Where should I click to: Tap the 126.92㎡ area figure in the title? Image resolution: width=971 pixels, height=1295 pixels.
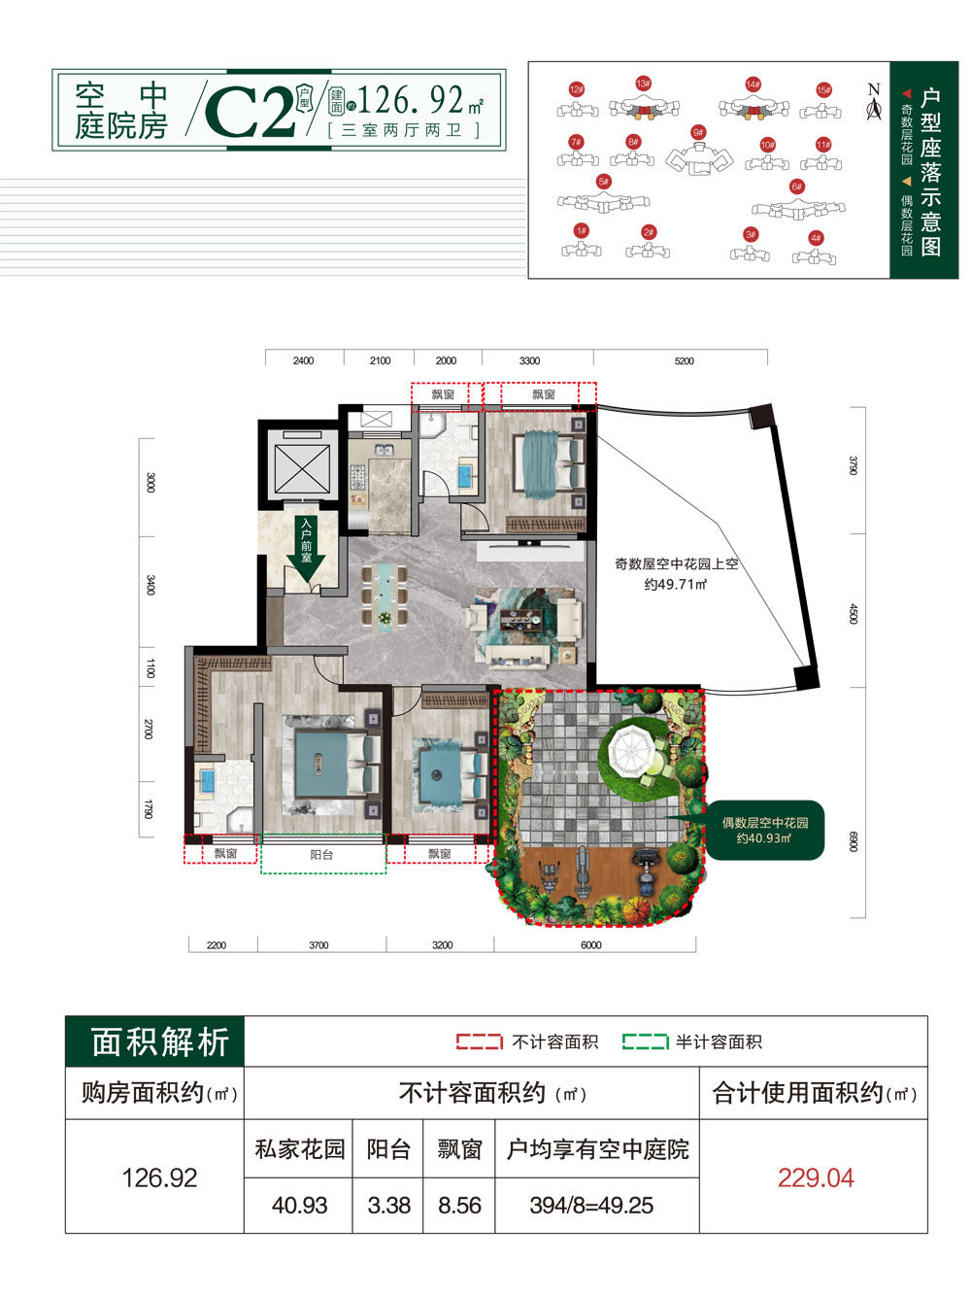click(419, 99)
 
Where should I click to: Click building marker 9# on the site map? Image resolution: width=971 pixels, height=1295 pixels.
click(698, 132)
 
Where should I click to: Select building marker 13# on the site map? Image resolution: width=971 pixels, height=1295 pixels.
click(643, 84)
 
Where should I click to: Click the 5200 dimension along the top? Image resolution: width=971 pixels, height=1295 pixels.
click(685, 361)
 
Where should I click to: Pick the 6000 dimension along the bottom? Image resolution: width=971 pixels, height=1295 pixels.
click(591, 945)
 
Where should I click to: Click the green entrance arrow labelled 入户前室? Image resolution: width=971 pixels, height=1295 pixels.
click(306, 550)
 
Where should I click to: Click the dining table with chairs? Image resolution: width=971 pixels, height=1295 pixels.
click(385, 595)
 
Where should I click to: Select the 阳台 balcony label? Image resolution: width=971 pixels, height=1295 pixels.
click(321, 855)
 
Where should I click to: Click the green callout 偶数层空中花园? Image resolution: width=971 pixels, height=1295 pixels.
click(765, 831)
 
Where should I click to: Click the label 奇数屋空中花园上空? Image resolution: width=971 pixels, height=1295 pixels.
click(676, 563)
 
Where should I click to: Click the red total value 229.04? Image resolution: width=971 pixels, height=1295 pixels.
click(815, 1178)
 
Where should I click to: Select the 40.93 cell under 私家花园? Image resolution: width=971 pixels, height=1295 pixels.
click(299, 1206)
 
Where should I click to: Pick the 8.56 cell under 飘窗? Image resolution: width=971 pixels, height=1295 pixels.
click(459, 1206)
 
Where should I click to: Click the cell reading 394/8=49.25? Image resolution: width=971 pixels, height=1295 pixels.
click(591, 1206)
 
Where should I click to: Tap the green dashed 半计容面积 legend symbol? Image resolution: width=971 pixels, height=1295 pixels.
click(645, 1042)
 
